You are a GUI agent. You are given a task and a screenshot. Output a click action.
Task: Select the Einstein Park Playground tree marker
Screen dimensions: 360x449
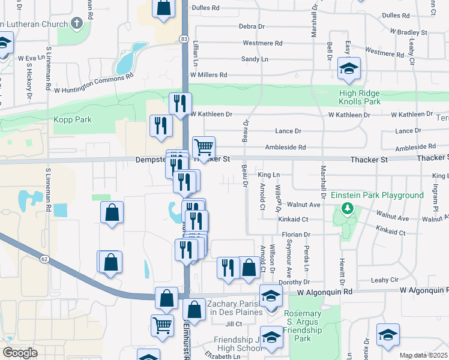[346, 209]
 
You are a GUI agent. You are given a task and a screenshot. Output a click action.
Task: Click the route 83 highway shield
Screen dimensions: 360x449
[184, 38]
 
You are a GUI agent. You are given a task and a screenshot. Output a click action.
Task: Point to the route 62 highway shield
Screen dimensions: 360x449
[44, 259]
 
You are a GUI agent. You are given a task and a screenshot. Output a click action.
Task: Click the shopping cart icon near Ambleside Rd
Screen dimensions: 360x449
[204, 146]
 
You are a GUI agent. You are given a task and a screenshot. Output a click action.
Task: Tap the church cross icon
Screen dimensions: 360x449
[76, 23]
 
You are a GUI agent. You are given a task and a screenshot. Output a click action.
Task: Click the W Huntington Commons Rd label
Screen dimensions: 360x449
[93, 84]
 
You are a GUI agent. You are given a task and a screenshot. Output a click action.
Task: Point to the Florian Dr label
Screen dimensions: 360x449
[298, 235]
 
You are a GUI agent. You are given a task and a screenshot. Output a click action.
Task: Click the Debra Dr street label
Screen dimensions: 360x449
[252, 26]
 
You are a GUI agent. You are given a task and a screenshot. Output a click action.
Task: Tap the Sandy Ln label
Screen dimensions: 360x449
[255, 59]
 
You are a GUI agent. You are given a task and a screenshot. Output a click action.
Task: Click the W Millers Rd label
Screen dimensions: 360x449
[208, 75]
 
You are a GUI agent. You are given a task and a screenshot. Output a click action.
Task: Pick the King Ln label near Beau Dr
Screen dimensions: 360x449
[268, 175]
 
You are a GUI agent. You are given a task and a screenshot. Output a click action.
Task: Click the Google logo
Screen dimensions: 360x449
[20, 353]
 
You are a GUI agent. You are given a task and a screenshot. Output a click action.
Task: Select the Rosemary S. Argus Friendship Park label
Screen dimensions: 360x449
[303, 322]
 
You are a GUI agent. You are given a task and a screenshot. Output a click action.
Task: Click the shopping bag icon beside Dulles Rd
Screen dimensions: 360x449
[163, 8]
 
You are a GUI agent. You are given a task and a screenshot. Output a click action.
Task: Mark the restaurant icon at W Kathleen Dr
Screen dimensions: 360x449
[180, 104]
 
